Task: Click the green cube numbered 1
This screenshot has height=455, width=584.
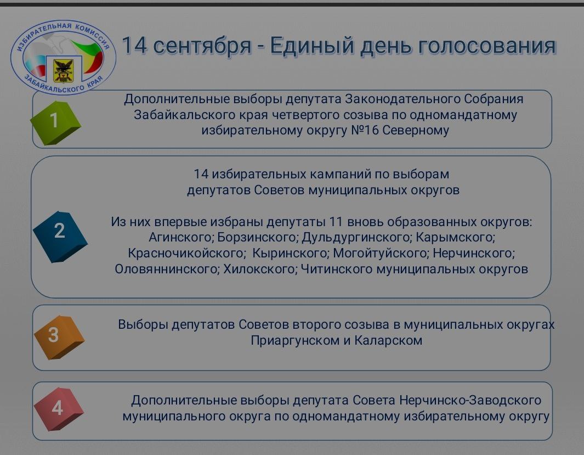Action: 55,122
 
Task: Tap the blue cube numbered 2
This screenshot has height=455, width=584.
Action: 60,237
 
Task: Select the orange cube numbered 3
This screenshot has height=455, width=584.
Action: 59,337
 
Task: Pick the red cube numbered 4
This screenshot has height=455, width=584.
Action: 59,409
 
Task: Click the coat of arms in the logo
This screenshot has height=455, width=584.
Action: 63,70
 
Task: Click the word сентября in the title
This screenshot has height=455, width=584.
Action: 202,46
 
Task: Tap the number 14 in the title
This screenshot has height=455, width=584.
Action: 134,44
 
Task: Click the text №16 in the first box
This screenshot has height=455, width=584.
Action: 365,131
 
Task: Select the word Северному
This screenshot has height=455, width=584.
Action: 416,131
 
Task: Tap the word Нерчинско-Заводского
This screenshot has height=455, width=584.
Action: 470,400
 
